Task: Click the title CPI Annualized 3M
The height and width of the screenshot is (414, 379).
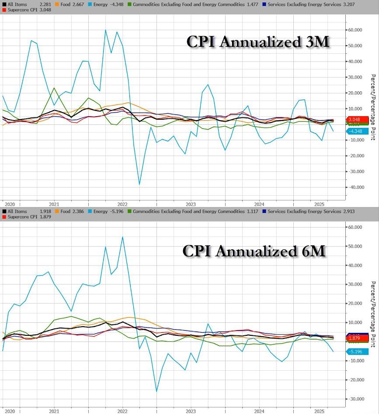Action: click(x=258, y=42)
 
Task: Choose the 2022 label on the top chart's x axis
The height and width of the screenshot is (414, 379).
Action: click(x=122, y=204)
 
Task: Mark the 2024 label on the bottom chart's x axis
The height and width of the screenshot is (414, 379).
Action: click(x=259, y=411)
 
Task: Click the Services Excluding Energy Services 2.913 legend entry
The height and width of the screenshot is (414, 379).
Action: click(x=304, y=211)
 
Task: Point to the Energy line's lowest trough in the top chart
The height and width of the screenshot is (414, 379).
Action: click(x=139, y=184)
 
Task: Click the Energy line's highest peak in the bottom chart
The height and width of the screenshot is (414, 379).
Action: click(x=122, y=237)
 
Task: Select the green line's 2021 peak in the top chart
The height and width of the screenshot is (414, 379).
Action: click(x=54, y=88)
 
